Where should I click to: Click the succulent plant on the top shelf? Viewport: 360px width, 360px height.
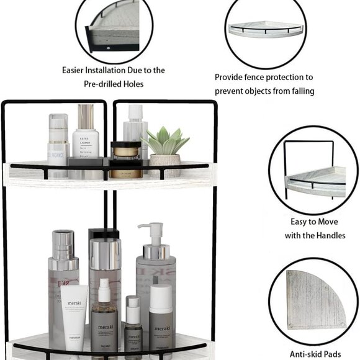coord(165,142)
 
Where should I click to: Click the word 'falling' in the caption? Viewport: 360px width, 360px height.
coord(299,91)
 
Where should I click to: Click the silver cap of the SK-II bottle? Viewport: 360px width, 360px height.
coord(64,245)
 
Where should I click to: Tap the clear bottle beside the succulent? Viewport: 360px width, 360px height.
coord(135,130)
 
